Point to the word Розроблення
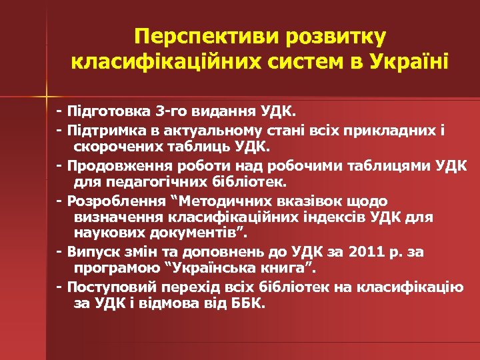[x=110, y=200]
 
